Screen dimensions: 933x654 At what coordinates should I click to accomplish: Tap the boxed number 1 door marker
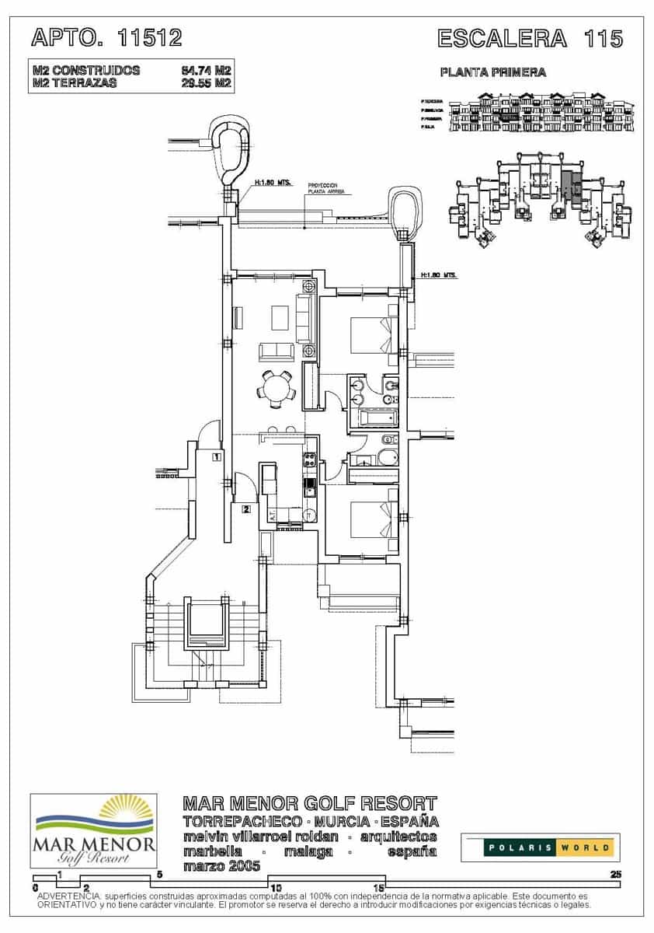(x=217, y=457)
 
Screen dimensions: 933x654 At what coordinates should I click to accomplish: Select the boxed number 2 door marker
(x=245, y=509)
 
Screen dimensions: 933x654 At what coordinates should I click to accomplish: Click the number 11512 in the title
(x=150, y=37)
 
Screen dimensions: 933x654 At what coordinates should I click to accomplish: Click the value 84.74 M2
(x=206, y=71)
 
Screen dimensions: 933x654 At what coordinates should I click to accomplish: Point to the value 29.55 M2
(x=206, y=83)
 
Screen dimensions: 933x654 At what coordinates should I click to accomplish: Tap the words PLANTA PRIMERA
(x=492, y=72)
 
